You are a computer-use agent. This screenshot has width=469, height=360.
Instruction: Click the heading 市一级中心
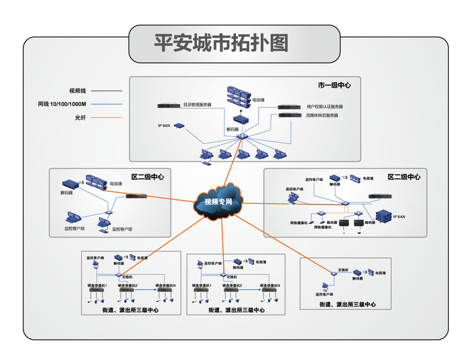pos(334,85)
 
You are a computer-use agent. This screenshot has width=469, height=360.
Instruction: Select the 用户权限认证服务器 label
pos(325,107)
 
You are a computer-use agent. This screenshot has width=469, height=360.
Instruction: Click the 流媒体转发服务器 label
pos(322,115)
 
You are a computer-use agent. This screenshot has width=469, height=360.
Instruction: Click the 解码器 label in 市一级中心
pos(232,129)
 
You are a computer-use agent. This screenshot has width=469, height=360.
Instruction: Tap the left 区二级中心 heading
pos(147,176)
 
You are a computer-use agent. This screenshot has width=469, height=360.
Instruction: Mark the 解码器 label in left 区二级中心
pos(66,193)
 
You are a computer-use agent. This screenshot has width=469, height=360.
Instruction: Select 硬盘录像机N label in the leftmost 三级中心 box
pos(164,285)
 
